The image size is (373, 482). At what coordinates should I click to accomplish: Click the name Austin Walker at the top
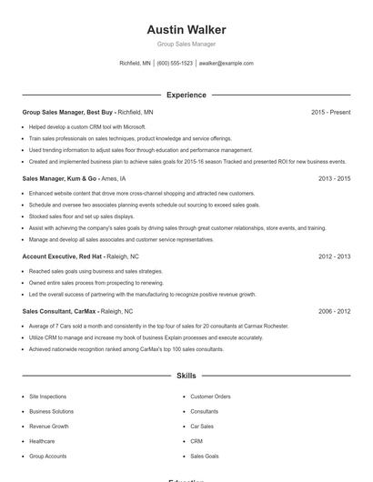pos(186,30)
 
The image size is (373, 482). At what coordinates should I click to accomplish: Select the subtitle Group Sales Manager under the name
pos(186,44)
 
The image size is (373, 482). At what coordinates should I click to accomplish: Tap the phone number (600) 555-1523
pos(175,64)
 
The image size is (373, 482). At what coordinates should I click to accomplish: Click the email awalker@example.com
pos(226,64)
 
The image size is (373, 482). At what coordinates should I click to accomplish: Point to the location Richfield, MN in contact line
pos(135,64)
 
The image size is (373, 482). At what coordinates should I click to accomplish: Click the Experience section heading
pos(186,95)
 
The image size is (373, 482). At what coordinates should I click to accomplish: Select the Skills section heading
pos(186,375)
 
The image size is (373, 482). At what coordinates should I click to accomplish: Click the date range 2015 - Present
pos(330,112)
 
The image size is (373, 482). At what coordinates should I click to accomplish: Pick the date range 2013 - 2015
pos(334,178)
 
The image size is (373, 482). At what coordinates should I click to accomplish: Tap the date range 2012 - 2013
pos(334,256)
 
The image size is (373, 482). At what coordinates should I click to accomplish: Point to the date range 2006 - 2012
pos(334,311)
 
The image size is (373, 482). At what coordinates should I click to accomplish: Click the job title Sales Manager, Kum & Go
pos(58,178)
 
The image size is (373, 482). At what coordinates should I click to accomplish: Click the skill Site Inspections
pos(47,397)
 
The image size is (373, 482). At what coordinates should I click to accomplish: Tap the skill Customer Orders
pos(210,397)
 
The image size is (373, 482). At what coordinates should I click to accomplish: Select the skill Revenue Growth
pos(48,426)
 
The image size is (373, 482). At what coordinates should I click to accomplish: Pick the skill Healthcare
pos(42,441)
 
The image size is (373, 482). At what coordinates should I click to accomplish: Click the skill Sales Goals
pos(204,456)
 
